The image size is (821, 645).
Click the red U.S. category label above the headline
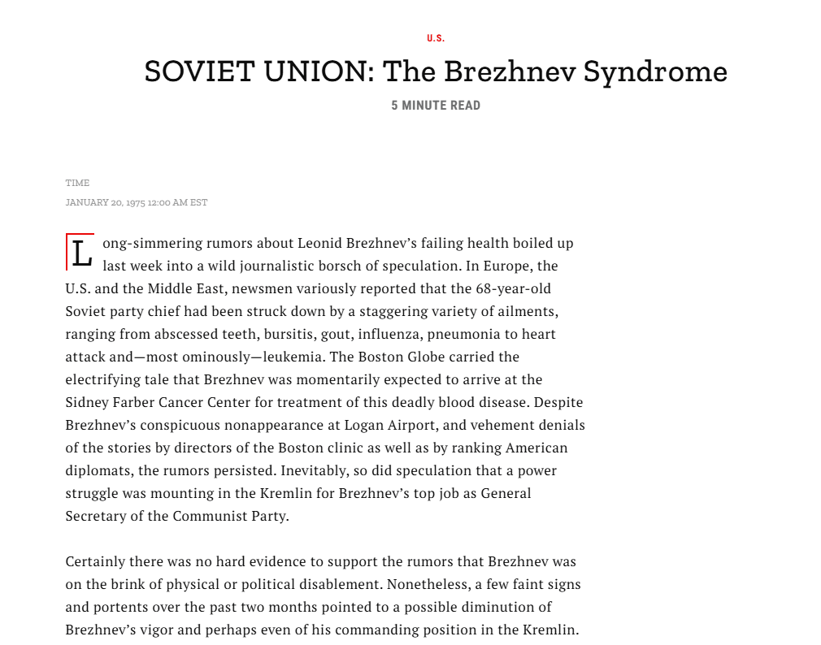[x=436, y=38]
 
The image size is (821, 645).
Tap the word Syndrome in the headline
[x=655, y=71]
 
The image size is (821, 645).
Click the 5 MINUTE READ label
[x=436, y=106]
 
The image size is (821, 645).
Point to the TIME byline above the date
[x=77, y=183]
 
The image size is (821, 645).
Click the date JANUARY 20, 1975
[x=105, y=202]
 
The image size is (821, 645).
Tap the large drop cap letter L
[x=80, y=253]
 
